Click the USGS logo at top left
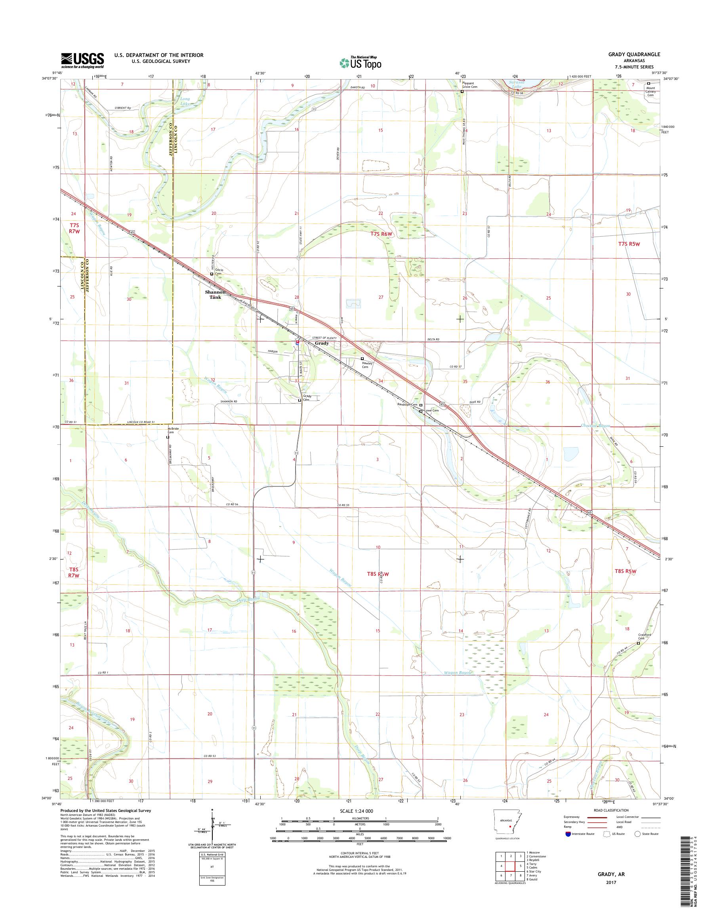[x=83, y=60]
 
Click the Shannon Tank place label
[x=215, y=294]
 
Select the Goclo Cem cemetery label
[x=219, y=271]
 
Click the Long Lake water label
[x=185, y=101]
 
